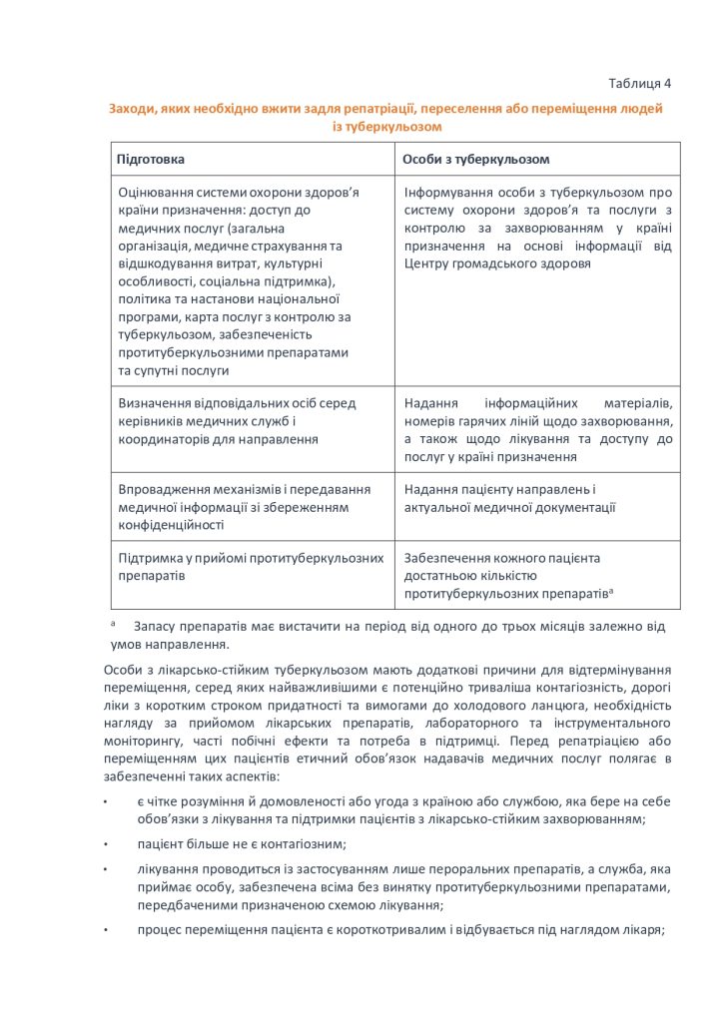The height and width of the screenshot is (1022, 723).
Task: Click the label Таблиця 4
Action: [639, 82]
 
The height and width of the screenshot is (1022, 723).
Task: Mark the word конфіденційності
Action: [171, 524]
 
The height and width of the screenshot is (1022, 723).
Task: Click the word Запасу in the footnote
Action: [166, 627]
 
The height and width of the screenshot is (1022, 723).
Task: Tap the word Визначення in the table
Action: [155, 403]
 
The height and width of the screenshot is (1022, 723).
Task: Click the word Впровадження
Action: [162, 489]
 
